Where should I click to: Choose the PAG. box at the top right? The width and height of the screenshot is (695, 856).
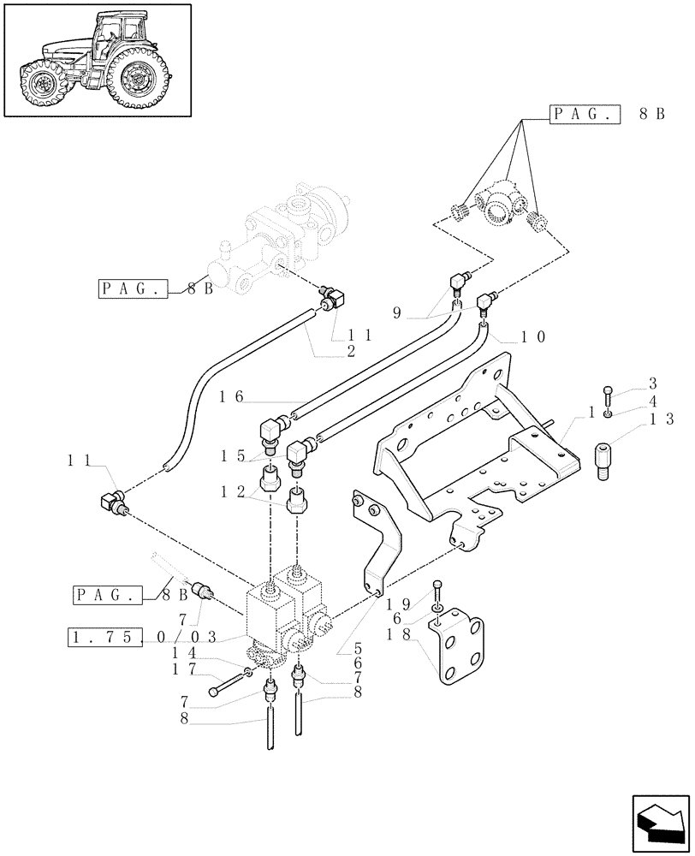coord(583,113)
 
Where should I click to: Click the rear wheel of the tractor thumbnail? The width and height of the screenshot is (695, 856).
coord(137,80)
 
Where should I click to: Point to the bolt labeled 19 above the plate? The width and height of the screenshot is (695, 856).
coord(438,593)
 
